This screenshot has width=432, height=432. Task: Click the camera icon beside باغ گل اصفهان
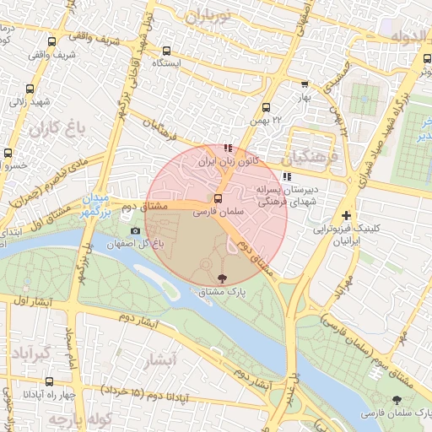[136, 230]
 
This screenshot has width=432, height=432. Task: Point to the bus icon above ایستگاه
[166, 51]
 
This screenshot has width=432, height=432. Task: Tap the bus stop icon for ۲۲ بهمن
[266, 108]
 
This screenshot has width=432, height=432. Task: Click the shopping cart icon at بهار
[304, 84]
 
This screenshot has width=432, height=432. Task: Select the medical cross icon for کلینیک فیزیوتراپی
[346, 215]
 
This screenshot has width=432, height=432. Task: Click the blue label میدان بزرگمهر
[96, 206]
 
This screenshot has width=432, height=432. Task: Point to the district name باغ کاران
[57, 129]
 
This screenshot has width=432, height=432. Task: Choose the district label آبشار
[160, 360]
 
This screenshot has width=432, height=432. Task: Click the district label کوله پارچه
[67, 419]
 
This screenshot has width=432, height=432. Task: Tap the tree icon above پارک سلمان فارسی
[397, 400]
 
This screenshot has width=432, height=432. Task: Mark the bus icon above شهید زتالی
[30, 89]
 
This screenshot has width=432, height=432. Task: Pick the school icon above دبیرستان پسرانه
[288, 177]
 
